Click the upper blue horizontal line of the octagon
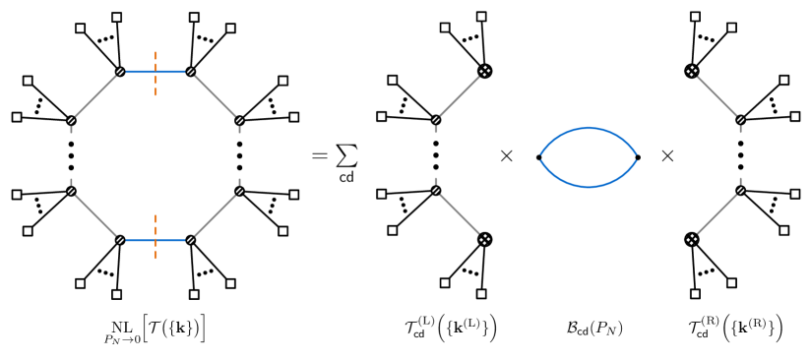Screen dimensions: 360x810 (138, 72)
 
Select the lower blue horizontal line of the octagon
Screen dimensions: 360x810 (138, 240)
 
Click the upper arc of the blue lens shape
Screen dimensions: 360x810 (589, 128)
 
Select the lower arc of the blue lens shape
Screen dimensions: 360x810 (589, 186)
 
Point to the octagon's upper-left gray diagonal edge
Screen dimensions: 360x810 (95, 96)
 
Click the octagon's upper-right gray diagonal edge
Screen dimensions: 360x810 (215, 96)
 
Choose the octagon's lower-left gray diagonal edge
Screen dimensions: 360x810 (95, 215)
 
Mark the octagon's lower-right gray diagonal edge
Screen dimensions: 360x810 (215, 215)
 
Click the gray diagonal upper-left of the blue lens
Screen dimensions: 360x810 (460, 95)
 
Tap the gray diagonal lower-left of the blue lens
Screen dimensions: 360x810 (460, 214)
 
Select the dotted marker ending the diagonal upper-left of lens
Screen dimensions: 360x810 (484, 71)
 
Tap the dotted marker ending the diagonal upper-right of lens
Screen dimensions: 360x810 (692, 71)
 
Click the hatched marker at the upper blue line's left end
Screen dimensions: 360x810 (120, 72)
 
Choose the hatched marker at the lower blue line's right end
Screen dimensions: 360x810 (190, 240)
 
